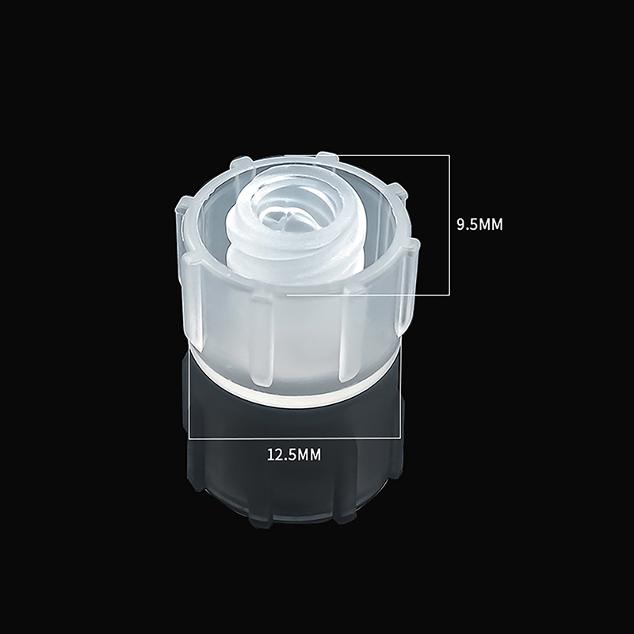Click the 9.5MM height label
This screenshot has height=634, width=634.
click(479, 224)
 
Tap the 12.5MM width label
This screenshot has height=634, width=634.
click(294, 455)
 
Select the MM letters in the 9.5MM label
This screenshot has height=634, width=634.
click(491, 224)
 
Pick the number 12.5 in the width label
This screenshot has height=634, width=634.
click(281, 455)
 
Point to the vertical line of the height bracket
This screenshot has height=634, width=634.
click(449, 225)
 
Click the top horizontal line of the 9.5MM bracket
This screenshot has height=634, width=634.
click(367, 155)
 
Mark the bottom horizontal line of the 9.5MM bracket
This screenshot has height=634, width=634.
click(368, 295)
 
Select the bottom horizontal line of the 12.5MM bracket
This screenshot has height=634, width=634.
click(295, 438)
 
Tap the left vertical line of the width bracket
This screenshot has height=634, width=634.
click(189, 392)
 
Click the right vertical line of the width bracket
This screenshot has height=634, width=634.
click(400, 392)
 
